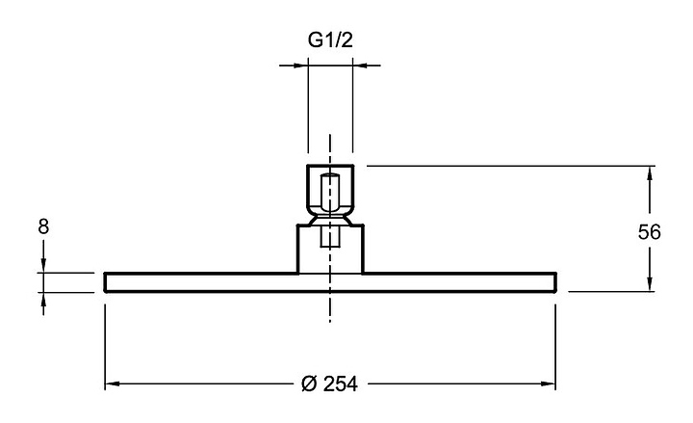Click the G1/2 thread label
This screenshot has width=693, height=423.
(330, 40)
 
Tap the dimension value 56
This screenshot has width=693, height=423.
(649, 232)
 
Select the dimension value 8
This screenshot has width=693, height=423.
(43, 227)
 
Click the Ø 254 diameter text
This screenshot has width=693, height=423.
(330, 383)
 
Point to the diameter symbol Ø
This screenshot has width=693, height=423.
(310, 383)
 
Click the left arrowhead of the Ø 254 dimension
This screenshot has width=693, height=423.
(113, 383)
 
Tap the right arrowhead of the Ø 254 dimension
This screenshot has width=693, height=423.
(548, 383)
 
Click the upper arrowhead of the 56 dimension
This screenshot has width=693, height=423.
(650, 173)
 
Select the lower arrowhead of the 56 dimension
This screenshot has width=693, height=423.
(650, 284)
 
